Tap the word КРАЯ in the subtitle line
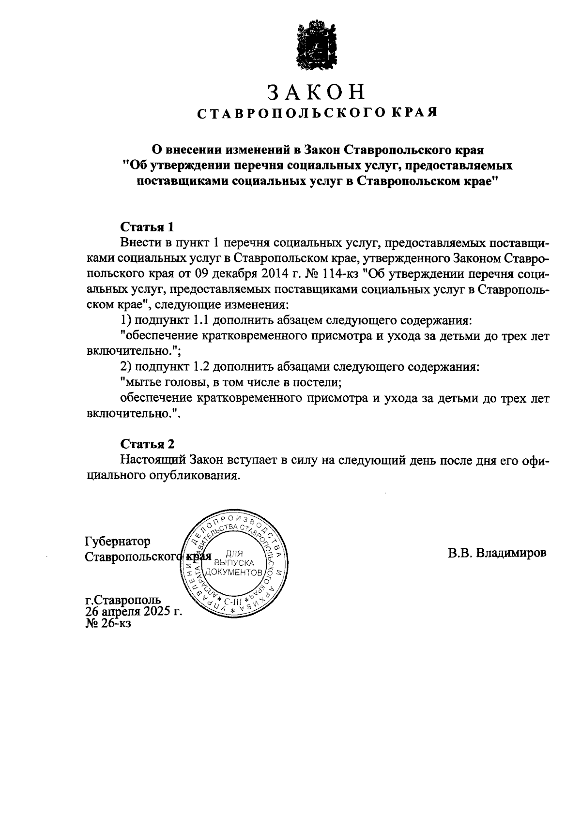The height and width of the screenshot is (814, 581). click(x=413, y=113)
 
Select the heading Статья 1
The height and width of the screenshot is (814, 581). click(x=147, y=227)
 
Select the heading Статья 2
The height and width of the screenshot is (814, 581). click(x=147, y=444)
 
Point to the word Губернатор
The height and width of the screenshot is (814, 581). click(x=117, y=541)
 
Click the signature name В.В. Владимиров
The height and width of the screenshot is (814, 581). click(x=497, y=553)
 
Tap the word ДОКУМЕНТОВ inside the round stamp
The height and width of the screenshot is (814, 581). click(x=234, y=573)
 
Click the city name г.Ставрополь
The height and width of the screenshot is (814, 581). click(x=123, y=601)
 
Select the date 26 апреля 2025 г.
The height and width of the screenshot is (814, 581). click(x=134, y=612)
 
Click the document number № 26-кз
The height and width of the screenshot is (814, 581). click(x=108, y=623)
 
